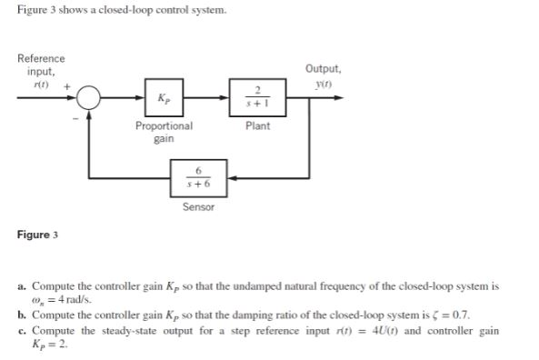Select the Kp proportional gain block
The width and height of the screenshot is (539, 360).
coord(163,97)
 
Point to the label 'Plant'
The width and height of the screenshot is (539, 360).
coord(257,126)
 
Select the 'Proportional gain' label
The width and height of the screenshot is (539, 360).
coord(164,132)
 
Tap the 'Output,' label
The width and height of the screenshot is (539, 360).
coord(324,69)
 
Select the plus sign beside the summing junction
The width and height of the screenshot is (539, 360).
coord(64,83)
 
